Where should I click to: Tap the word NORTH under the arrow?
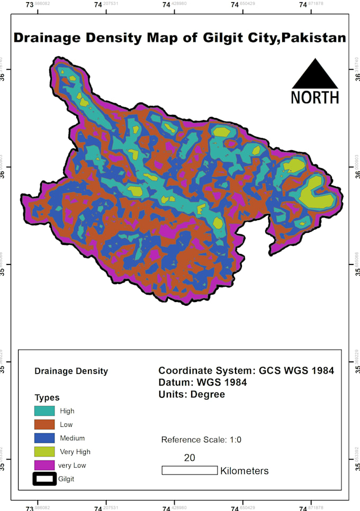315,97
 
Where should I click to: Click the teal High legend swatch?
44,411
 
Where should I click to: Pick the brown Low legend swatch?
44,425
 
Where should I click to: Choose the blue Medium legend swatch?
44,438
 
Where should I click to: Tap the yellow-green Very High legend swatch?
44,452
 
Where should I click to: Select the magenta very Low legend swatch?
44,466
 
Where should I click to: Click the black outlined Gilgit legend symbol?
44,479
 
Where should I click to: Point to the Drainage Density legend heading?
71,371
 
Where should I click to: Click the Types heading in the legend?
47,398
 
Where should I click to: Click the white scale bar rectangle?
190,470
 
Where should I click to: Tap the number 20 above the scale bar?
190,458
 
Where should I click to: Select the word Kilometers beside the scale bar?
245,471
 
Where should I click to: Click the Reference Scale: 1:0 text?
201,440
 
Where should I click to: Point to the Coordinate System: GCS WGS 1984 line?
246,371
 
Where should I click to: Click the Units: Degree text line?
192,395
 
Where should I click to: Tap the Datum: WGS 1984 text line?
202,382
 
